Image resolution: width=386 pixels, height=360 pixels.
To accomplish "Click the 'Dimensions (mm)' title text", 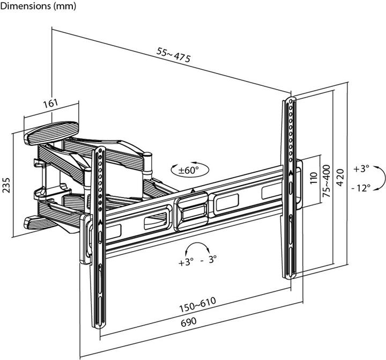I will click(38, 6).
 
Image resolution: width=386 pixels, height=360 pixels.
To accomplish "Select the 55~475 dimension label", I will click(174, 55).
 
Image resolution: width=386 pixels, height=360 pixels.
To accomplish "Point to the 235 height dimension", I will click(6, 184).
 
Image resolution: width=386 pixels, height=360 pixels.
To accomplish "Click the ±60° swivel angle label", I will click(189, 170).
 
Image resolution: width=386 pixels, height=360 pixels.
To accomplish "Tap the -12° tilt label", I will click(362, 188).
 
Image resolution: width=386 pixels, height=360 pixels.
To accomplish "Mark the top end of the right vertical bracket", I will click(290, 101).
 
